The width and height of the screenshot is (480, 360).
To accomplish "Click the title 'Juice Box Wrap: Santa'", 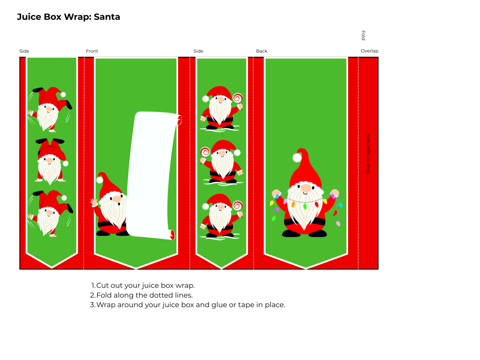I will click(68, 17).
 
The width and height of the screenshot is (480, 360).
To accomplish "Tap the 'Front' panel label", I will click(92, 51).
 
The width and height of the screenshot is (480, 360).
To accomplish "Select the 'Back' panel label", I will click(262, 51).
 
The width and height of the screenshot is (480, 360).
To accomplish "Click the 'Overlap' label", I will click(369, 51).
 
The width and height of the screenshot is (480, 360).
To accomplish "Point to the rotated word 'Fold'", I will click(363, 36).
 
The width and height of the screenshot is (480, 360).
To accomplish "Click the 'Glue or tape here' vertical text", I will click(368, 154).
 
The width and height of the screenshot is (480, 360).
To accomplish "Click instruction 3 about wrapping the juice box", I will click(188, 305).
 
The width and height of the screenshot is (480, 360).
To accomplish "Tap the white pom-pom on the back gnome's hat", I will click(297, 158).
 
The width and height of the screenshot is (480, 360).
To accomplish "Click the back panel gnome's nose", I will click(306, 188).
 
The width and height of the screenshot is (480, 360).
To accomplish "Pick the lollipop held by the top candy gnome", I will click(238, 98).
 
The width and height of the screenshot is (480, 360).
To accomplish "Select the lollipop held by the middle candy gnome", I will click(205, 152).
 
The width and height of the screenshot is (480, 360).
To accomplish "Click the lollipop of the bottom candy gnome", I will click(237, 206).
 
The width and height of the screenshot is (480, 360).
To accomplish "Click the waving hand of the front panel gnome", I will click(94, 202).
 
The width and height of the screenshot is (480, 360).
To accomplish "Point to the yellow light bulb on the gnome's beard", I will click(293, 204).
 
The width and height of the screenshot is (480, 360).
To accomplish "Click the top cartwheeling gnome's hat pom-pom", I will click(63, 95).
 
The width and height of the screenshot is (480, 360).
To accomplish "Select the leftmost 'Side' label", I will click(24, 51).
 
